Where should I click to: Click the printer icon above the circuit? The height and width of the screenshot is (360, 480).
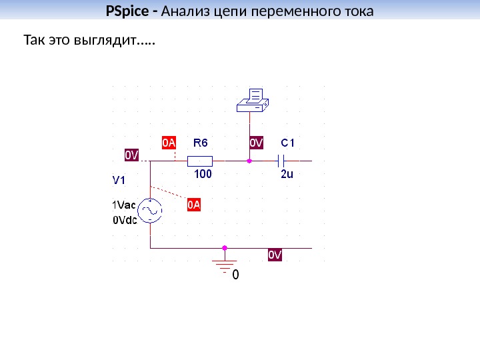pyautogui.click(x=252, y=100)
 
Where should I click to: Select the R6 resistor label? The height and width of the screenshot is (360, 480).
pyautogui.click(x=201, y=143)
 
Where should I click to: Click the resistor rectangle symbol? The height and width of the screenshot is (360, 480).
pyautogui.click(x=199, y=161)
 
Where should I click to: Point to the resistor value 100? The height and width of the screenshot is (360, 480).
pyautogui.click(x=203, y=175)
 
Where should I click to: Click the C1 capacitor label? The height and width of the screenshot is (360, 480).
pyautogui.click(x=288, y=143)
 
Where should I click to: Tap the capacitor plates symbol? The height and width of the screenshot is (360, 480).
pyautogui.click(x=281, y=161)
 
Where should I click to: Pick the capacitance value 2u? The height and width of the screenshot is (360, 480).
pyautogui.click(x=287, y=175)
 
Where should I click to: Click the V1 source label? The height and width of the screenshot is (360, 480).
pyautogui.click(x=119, y=179)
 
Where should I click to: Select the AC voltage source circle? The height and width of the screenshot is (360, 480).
pyautogui.click(x=150, y=211)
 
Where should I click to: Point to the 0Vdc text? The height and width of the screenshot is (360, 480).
pyautogui.click(x=124, y=220)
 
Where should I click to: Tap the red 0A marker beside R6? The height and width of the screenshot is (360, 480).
pyautogui.click(x=169, y=143)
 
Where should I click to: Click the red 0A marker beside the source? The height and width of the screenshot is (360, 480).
pyautogui.click(x=193, y=204)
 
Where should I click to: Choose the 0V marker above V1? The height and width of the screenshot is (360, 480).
pyautogui.click(x=132, y=155)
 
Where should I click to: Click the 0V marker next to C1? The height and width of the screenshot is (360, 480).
pyautogui.click(x=257, y=143)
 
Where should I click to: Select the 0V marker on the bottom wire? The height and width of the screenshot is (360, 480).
pyautogui.click(x=275, y=255)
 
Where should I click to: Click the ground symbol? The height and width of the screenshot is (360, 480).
pyautogui.click(x=225, y=262)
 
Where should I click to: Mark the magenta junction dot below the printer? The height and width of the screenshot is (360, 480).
pyautogui.click(x=249, y=161)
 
